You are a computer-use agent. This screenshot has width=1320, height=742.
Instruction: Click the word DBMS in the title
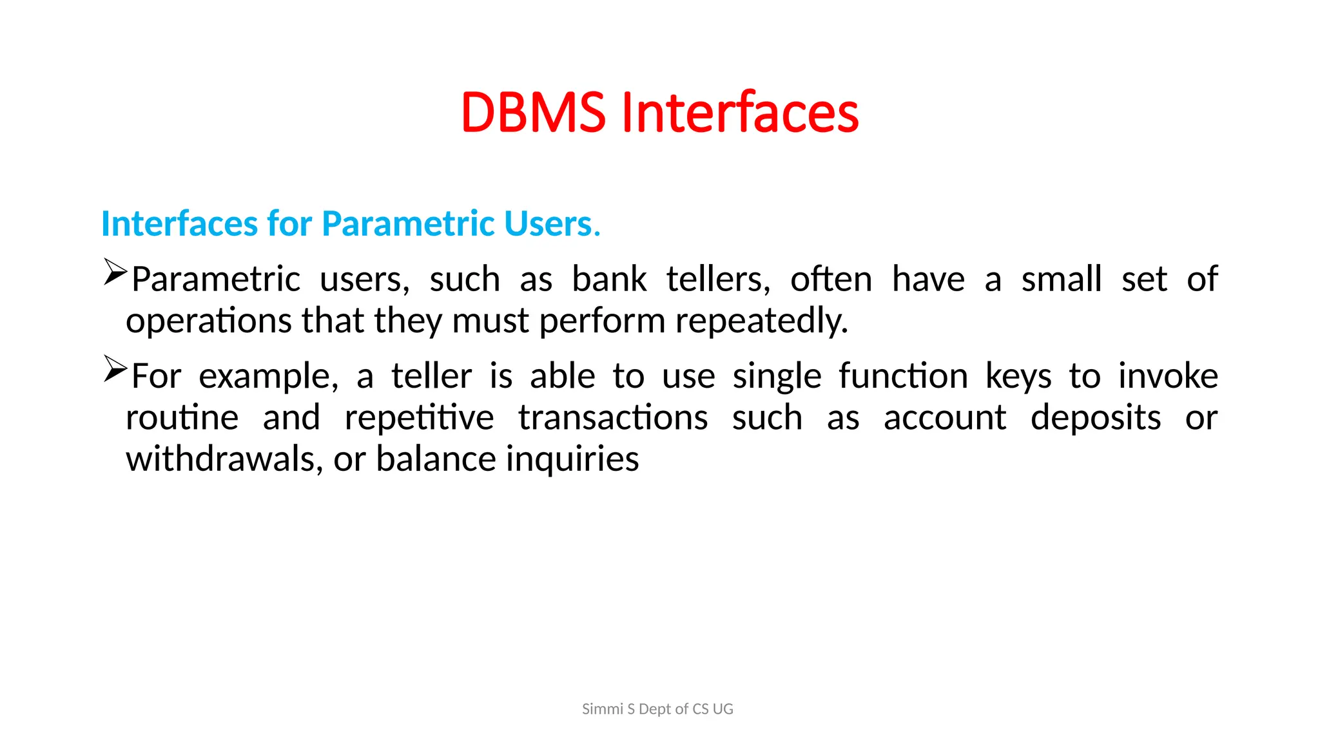click(x=533, y=113)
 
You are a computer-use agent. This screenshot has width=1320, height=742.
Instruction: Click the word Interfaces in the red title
click(x=739, y=113)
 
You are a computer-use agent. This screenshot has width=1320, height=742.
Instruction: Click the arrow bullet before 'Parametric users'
click(x=115, y=272)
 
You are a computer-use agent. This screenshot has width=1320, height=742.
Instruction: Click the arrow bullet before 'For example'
click(x=115, y=369)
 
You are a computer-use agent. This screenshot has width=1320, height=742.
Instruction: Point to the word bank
click(x=609, y=280)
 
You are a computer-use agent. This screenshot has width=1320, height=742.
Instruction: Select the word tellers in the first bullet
click(x=718, y=280)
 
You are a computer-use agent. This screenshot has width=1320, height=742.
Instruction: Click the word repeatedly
click(x=761, y=321)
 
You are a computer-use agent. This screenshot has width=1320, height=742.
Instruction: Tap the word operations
click(x=209, y=321)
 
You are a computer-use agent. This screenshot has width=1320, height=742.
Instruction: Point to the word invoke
click(x=1168, y=376)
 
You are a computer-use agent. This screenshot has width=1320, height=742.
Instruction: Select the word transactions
click(x=613, y=418)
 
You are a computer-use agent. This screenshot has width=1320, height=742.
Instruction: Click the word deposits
click(x=1096, y=418)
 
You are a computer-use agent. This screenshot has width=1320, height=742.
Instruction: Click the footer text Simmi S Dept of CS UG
click(x=657, y=709)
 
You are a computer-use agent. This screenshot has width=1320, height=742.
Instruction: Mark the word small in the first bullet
click(x=1062, y=280)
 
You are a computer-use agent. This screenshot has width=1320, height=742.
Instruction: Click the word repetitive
click(x=419, y=418)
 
